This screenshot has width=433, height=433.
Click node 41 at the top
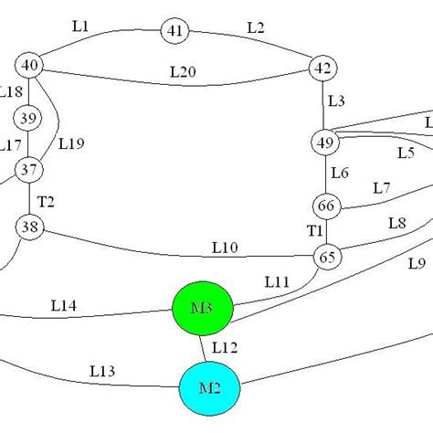(x=175, y=31)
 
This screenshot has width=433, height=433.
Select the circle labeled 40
(x=30, y=65)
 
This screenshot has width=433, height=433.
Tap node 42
(x=322, y=68)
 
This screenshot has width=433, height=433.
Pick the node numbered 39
(x=28, y=119)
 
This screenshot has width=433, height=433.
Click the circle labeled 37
(x=29, y=169)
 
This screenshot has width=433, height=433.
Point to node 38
(x=29, y=229)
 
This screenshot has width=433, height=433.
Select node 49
(x=324, y=143)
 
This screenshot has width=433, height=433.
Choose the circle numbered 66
(x=326, y=206)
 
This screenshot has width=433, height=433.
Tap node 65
(x=327, y=258)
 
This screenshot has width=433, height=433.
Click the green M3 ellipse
(x=204, y=309)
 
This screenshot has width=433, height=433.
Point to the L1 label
(x=79, y=27)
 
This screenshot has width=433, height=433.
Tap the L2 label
(x=257, y=27)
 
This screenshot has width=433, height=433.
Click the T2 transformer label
(x=46, y=202)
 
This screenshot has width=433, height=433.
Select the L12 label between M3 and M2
(x=226, y=348)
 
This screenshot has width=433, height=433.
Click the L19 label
(x=71, y=143)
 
